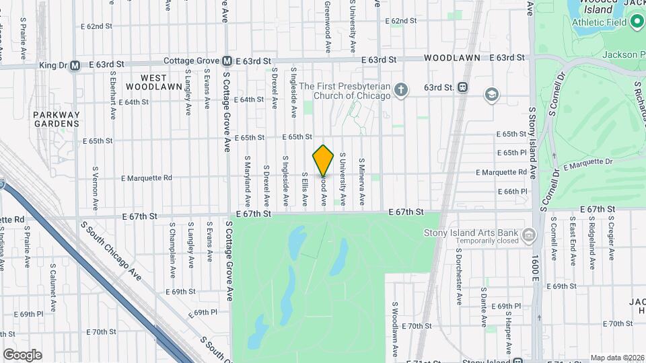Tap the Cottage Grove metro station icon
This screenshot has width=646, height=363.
point(227,60)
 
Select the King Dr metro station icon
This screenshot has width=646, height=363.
point(75,65)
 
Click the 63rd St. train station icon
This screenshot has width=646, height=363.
point(462,87)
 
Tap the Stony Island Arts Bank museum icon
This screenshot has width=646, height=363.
point(530,236)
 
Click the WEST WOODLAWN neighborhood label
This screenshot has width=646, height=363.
point(154,83)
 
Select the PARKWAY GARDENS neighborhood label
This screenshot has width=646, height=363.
point(57,119)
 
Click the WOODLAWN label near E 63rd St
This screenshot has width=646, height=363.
point(452,58)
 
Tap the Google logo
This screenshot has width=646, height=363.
point(22,354)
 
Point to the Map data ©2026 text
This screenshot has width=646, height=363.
point(617,358)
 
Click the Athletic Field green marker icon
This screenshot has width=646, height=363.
point(637,22)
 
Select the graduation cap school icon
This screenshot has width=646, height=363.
point(492,93)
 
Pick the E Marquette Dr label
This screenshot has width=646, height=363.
point(587,163)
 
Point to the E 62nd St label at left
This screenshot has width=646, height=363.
point(96,26)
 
